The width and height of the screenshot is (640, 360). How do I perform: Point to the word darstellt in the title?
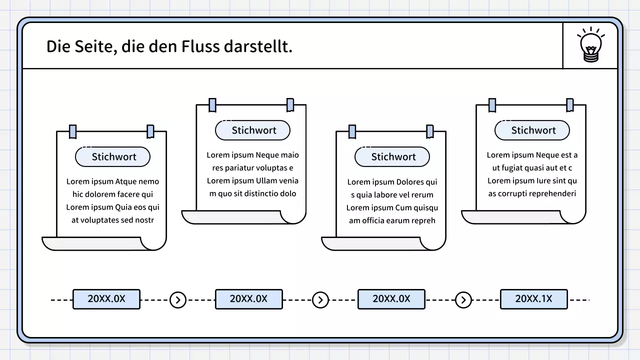(x=258, y=46)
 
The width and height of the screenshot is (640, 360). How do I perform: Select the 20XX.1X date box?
(x=533, y=299)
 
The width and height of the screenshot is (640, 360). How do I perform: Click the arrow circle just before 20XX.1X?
(x=463, y=300)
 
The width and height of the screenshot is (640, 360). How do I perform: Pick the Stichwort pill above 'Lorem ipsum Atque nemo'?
(x=113, y=156)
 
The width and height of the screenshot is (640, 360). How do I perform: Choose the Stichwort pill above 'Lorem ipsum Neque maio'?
(x=253, y=130)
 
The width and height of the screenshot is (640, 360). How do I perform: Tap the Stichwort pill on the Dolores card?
(x=392, y=156)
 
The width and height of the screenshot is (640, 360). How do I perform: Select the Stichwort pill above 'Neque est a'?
(x=532, y=130)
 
